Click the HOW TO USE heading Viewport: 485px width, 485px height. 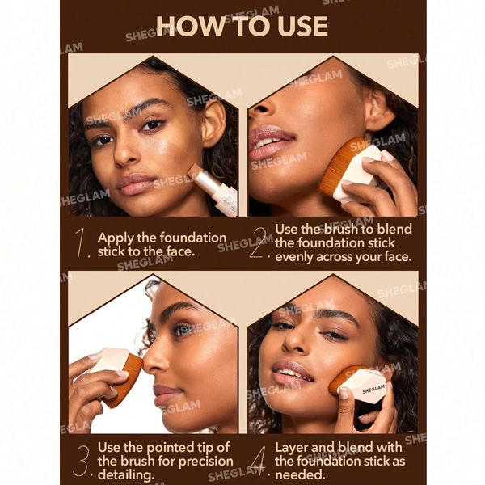tap(242, 26)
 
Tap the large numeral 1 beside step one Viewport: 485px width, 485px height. tap(81, 242)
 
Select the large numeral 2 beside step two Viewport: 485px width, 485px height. tap(258, 242)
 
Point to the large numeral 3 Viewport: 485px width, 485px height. tap(82, 461)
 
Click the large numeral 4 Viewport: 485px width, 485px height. tap(259, 461)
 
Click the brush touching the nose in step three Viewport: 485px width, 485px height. tap(116, 376)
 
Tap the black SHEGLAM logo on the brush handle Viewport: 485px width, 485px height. tap(373, 389)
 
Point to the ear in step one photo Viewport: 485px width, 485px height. tap(214, 124)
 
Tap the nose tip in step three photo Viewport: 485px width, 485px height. tap(145, 365)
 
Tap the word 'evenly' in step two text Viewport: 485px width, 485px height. tap(293, 257)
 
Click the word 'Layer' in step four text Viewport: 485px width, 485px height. tap(293, 448)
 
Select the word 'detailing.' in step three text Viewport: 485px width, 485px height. tap(126, 474)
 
